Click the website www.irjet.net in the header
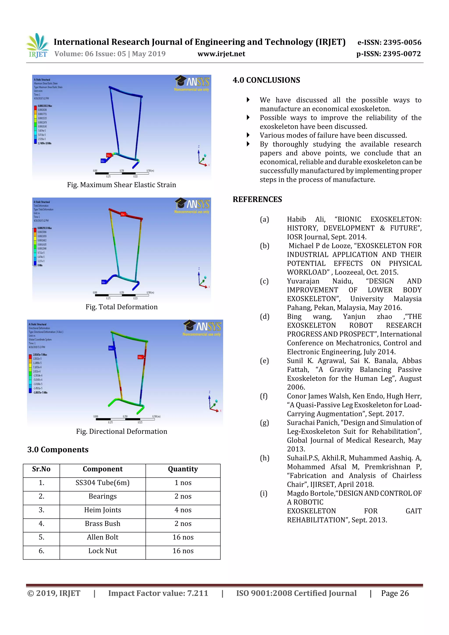[221, 54]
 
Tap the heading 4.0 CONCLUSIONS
[266, 80]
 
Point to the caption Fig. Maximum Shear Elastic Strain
[121, 185]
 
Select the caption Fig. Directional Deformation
[121, 431]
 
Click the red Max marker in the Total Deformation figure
[123, 214]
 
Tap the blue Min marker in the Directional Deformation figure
[111, 348]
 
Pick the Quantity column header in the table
[183, 469]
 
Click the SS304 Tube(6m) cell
[102, 483]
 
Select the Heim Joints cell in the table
[102, 510]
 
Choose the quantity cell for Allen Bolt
[183, 537]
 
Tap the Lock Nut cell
[102, 551]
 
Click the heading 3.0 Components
[58, 450]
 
